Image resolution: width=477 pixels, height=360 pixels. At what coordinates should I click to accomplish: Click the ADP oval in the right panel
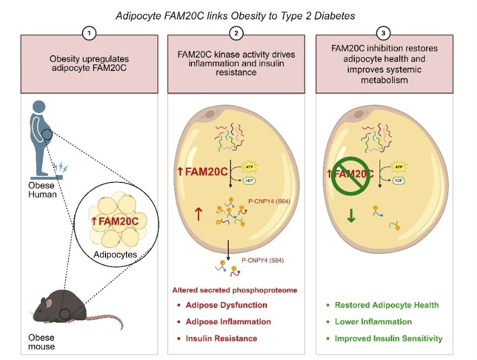[399, 180]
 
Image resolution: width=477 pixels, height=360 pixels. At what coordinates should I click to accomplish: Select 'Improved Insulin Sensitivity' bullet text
[389, 338]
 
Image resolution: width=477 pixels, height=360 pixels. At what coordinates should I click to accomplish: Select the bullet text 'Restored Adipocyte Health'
[387, 305]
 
